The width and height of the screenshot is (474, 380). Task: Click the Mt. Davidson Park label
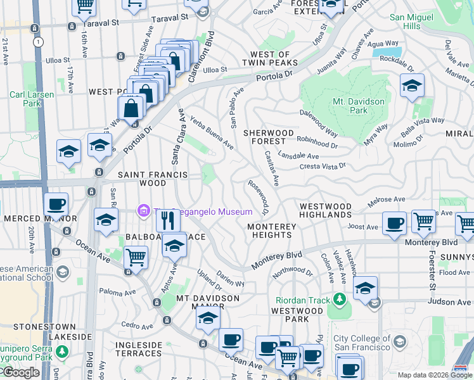[x=358, y=106]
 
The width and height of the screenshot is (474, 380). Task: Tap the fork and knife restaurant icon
[x=167, y=220]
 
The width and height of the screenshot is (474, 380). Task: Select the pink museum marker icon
[x=143, y=211]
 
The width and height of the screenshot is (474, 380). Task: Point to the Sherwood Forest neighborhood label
[x=269, y=137]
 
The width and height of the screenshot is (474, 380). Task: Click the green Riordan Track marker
[x=340, y=297]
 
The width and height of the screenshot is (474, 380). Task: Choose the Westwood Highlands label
[x=325, y=211]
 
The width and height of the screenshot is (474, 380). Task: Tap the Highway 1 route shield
[x=39, y=42]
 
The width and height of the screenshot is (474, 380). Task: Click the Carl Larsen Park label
[x=32, y=99]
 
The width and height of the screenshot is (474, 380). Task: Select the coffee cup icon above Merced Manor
[x=56, y=204]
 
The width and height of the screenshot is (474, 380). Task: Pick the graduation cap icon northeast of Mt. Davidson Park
[x=412, y=85]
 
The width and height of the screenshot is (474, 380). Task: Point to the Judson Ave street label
[x=449, y=302]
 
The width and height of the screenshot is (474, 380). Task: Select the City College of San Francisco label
[x=362, y=343]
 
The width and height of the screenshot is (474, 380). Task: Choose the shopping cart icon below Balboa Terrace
[x=136, y=258]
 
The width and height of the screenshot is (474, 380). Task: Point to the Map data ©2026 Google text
[x=434, y=375]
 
